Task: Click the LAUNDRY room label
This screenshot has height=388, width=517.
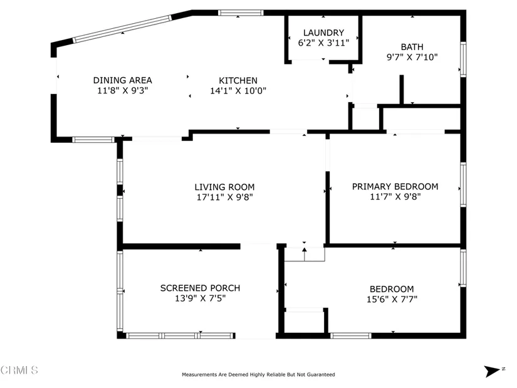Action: [323, 33]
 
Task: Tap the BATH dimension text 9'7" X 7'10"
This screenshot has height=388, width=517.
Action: [412, 57]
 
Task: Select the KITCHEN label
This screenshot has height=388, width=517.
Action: [238, 80]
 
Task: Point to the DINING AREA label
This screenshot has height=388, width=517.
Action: [123, 80]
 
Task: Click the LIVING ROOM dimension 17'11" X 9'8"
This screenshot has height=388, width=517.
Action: [224, 197]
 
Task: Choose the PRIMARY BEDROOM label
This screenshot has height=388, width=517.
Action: [395, 187]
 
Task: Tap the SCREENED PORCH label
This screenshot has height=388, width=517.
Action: [200, 288]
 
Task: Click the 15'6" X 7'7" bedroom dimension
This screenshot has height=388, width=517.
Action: [392, 299]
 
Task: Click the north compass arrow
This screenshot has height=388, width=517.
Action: [492, 371]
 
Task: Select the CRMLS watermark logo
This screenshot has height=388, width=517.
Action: [19, 370]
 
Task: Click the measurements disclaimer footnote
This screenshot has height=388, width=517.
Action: [258, 374]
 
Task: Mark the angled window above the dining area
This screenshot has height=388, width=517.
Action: [122, 29]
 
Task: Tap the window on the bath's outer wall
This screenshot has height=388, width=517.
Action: [463, 60]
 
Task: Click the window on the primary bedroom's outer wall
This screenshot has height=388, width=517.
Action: [463, 185]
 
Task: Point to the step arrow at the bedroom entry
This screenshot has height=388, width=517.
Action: [305, 254]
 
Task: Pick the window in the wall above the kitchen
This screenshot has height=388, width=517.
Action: [241, 13]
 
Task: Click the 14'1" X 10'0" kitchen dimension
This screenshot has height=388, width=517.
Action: [238, 91]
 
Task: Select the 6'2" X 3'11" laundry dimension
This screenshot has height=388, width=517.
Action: [323, 43]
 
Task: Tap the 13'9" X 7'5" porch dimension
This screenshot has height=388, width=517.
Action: [200, 298]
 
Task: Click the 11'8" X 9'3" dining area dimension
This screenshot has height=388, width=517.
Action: [123, 90]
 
